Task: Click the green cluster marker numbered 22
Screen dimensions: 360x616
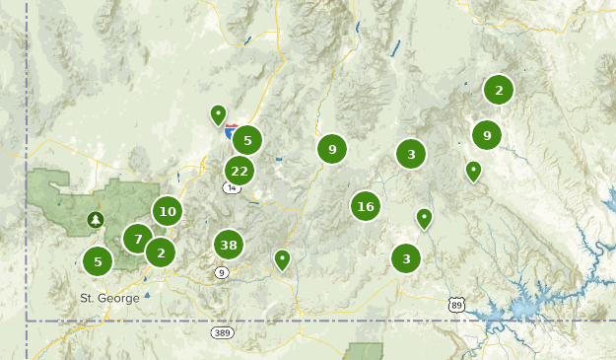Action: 239,171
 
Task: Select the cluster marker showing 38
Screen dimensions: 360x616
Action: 229,245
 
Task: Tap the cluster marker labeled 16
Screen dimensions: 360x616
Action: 366,206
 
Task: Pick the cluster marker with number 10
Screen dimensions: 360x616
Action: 168,210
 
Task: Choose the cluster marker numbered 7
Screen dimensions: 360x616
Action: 138,239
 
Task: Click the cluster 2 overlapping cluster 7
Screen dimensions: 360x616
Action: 161,252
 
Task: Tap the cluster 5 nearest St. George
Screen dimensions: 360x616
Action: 98,262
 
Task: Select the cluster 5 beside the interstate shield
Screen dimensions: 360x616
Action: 247,140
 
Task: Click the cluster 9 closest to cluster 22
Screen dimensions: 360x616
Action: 332,149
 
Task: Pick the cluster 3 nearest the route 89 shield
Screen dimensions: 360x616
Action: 405,258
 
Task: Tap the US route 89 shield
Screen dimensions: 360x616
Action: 455,306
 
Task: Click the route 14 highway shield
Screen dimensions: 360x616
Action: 232,187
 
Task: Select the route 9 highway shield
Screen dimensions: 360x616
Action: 222,272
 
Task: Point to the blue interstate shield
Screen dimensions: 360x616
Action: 232,129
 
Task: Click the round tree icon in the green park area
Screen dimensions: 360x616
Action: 96,219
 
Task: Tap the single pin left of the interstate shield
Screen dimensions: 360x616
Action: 218,114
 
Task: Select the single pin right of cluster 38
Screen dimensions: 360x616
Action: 282,259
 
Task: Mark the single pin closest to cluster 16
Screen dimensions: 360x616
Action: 424,217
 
